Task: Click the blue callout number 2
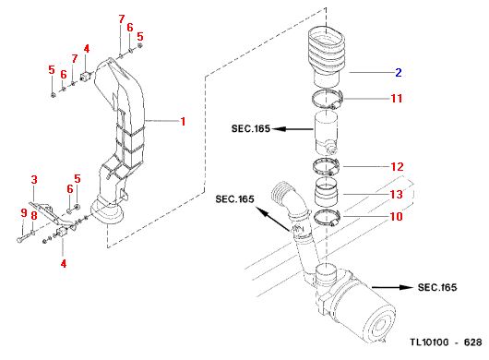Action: click(399, 72)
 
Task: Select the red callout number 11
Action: click(397, 98)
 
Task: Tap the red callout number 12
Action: click(397, 166)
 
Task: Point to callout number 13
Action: click(397, 194)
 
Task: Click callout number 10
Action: click(397, 217)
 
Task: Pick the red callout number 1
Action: click(183, 121)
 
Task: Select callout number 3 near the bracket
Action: click(34, 179)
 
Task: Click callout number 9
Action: click(24, 213)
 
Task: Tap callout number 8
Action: click(34, 216)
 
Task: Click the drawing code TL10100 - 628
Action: click(446, 342)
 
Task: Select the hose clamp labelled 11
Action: click(328, 100)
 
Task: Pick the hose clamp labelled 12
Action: click(327, 166)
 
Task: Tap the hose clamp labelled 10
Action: click(327, 218)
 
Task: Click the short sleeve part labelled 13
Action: click(327, 192)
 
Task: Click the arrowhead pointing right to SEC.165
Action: click(406, 287)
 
